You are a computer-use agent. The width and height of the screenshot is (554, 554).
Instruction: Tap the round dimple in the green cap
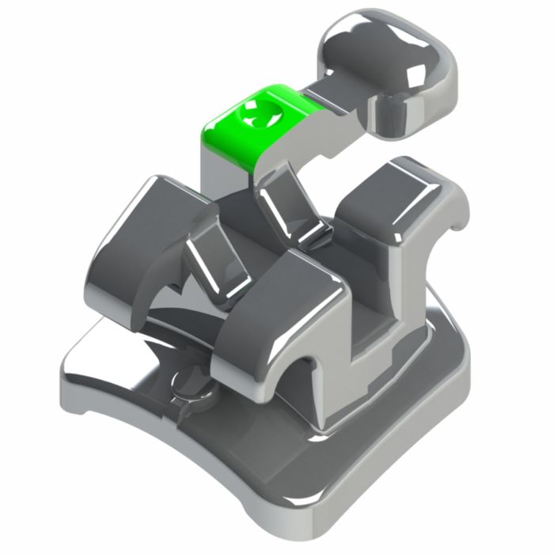coord(260,119)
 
